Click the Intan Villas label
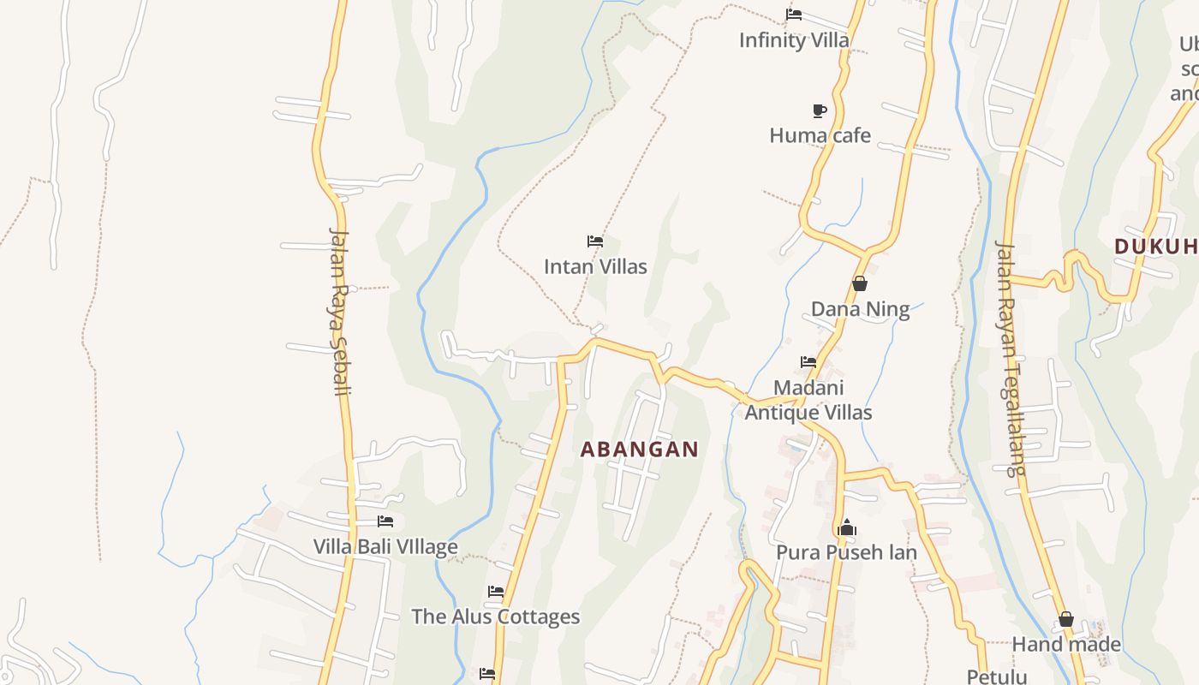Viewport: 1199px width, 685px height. [x=595, y=266]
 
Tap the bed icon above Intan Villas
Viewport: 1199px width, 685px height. [x=595, y=241]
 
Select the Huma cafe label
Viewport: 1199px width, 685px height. [x=820, y=135]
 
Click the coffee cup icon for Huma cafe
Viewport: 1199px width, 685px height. [x=820, y=110]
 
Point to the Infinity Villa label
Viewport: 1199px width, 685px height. [x=794, y=40]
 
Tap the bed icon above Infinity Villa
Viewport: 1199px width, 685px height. [x=794, y=15]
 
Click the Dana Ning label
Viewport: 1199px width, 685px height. [x=860, y=309]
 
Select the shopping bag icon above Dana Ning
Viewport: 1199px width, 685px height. [x=860, y=283]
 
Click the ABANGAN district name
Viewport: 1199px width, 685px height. [x=640, y=449]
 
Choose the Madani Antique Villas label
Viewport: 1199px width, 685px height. [x=808, y=400]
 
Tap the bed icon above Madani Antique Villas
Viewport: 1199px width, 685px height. [x=808, y=362]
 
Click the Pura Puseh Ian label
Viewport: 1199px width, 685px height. [x=846, y=552]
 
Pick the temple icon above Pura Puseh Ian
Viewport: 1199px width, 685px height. [x=847, y=527]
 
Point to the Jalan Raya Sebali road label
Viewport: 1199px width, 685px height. [x=341, y=313]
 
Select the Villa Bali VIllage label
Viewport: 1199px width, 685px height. [x=385, y=546]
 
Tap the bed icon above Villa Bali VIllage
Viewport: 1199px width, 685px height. [x=385, y=521]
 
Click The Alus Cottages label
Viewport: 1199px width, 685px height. [x=495, y=616]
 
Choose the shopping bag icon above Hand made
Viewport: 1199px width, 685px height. [x=1066, y=619]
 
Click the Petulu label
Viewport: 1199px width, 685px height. [x=997, y=676]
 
